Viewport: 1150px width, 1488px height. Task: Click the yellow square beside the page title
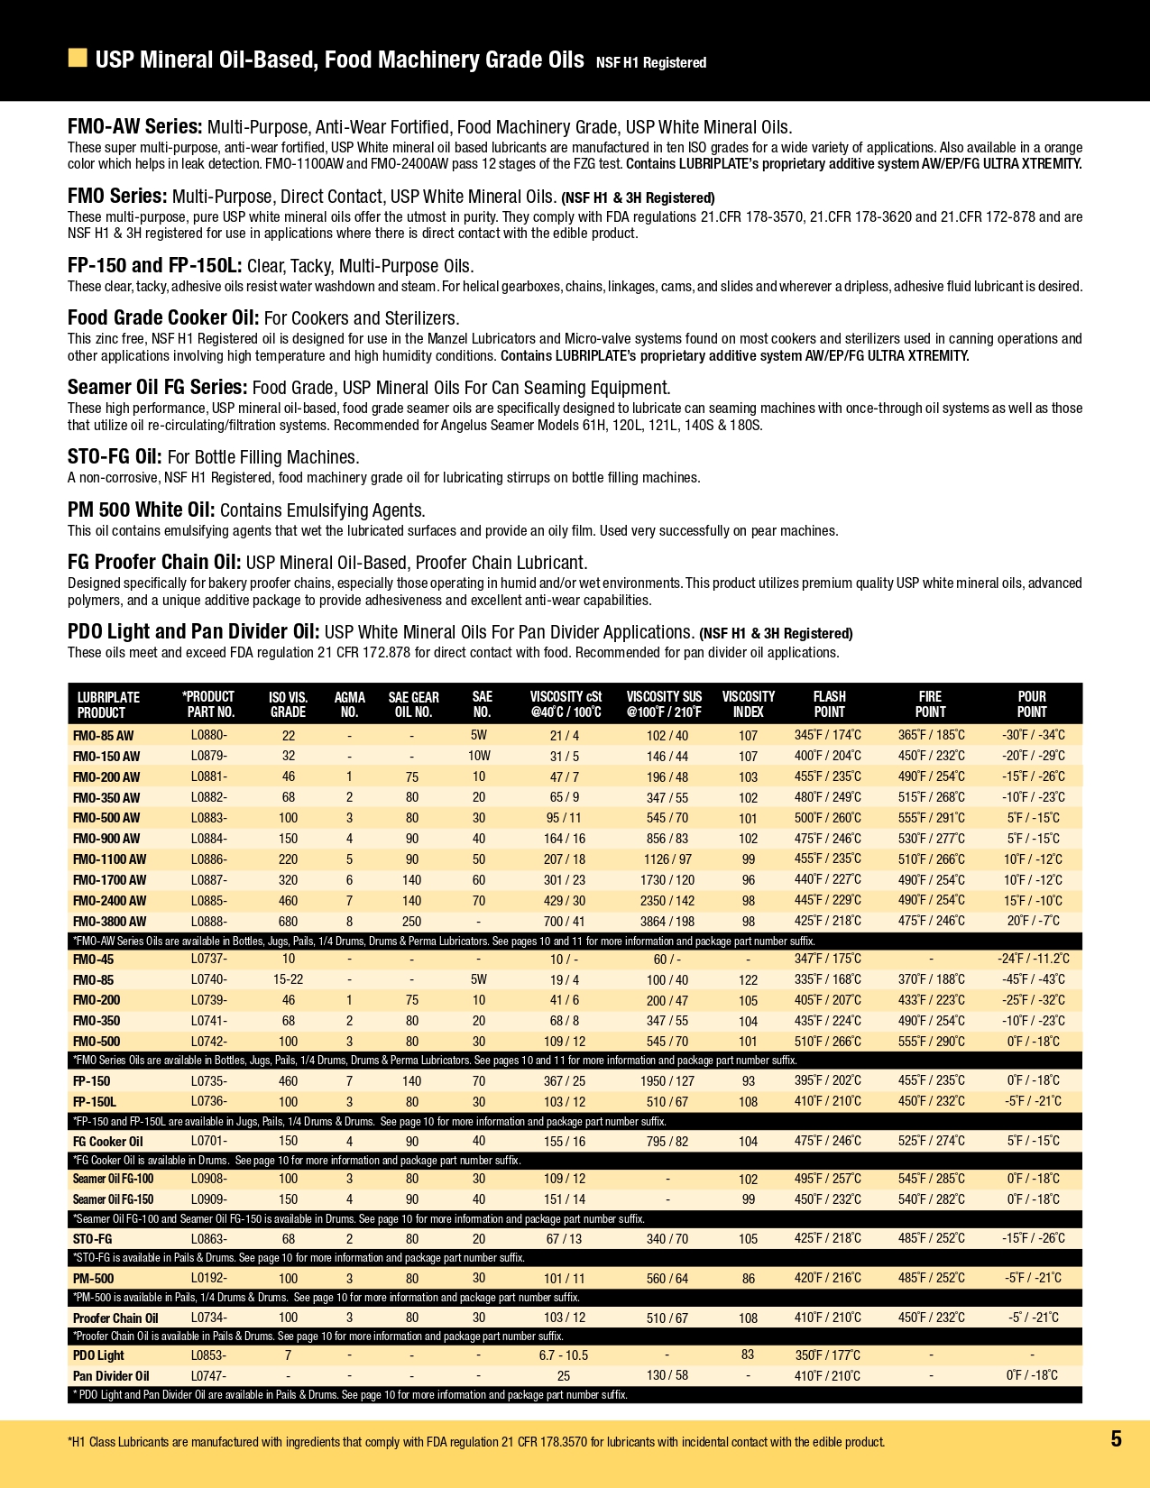click(78, 59)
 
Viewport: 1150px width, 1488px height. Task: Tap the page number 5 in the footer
click(1116, 1439)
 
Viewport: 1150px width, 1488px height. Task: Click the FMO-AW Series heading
click(134, 127)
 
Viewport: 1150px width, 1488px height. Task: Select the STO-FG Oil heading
click(115, 457)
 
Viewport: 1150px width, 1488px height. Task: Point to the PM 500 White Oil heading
click(141, 510)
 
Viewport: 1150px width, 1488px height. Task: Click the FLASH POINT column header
click(829, 703)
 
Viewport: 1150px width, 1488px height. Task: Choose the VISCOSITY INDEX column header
click(748, 703)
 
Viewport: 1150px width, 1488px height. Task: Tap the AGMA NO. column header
click(349, 703)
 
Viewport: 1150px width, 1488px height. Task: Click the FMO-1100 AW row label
click(109, 859)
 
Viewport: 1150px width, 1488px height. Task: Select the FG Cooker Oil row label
click(107, 1141)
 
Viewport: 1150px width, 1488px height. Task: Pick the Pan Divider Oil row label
click(111, 1376)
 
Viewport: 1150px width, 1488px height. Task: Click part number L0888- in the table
click(209, 921)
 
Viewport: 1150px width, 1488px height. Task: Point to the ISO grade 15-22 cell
click(288, 979)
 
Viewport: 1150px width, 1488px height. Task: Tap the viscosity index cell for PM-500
click(748, 1278)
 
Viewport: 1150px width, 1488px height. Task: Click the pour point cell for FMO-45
click(1033, 959)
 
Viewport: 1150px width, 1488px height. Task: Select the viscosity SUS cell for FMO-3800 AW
click(667, 921)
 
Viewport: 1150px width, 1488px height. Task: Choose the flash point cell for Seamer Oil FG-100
click(828, 1179)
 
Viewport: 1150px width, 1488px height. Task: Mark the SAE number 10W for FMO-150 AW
click(479, 756)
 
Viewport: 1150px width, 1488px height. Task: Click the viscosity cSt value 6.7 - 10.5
click(564, 1355)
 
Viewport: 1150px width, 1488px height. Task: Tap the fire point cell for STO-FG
click(931, 1238)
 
